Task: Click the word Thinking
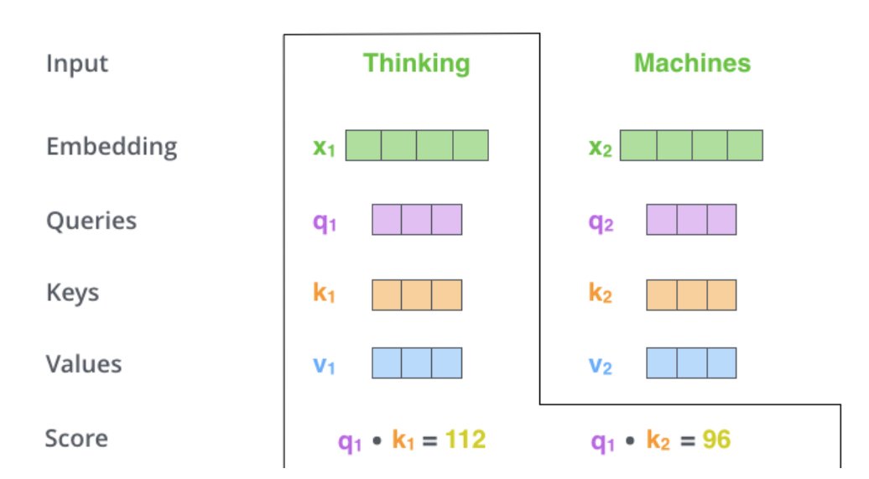coord(416,64)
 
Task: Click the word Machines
coord(692,64)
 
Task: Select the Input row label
coord(77,64)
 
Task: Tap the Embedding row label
coord(112,147)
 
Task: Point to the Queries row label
coord(91,221)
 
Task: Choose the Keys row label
coord(73,293)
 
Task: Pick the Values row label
coord(84,364)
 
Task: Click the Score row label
coord(76,439)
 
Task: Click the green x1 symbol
coord(324,148)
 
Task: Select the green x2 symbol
coord(600,148)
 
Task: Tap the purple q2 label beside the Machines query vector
coord(600,222)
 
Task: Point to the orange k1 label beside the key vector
coord(324,294)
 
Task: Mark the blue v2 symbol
coord(600,367)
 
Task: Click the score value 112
coord(466,440)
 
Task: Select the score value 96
coord(717,440)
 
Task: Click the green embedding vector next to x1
coord(417,145)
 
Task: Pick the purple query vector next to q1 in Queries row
coord(417,219)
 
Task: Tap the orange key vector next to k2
coord(691,294)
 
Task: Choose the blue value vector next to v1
coord(417,363)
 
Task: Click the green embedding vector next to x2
coord(691,145)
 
